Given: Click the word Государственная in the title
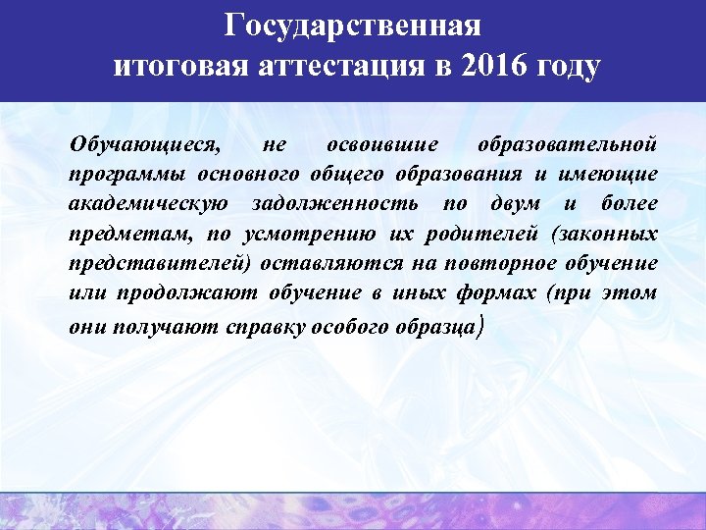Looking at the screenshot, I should [x=353, y=25].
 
